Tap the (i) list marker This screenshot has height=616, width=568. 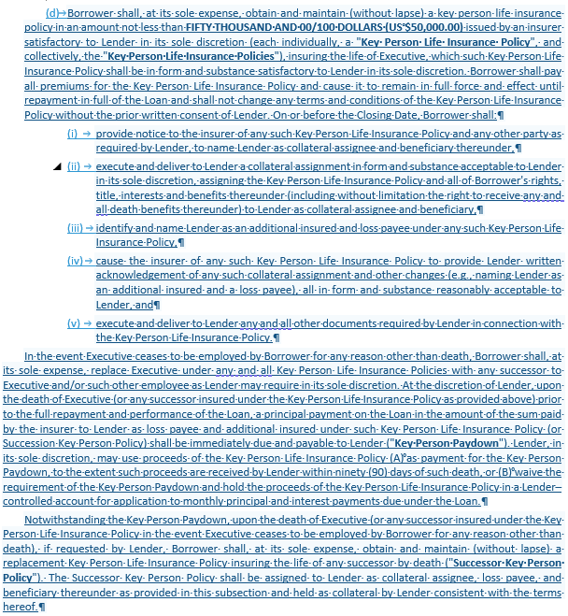[x=72, y=134]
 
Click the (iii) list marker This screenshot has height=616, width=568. [x=75, y=228]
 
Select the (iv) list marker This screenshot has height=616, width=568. [x=75, y=261]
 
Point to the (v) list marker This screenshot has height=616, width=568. [x=73, y=323]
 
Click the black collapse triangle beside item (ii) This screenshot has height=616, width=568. [x=57, y=166]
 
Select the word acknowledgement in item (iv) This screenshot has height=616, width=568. [x=139, y=277]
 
